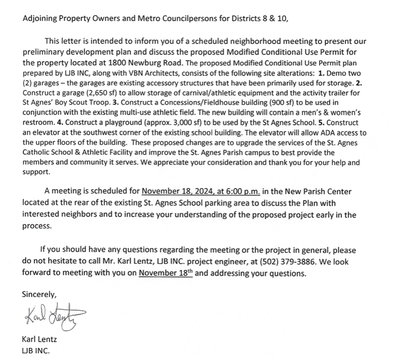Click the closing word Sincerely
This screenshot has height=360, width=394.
39,294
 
